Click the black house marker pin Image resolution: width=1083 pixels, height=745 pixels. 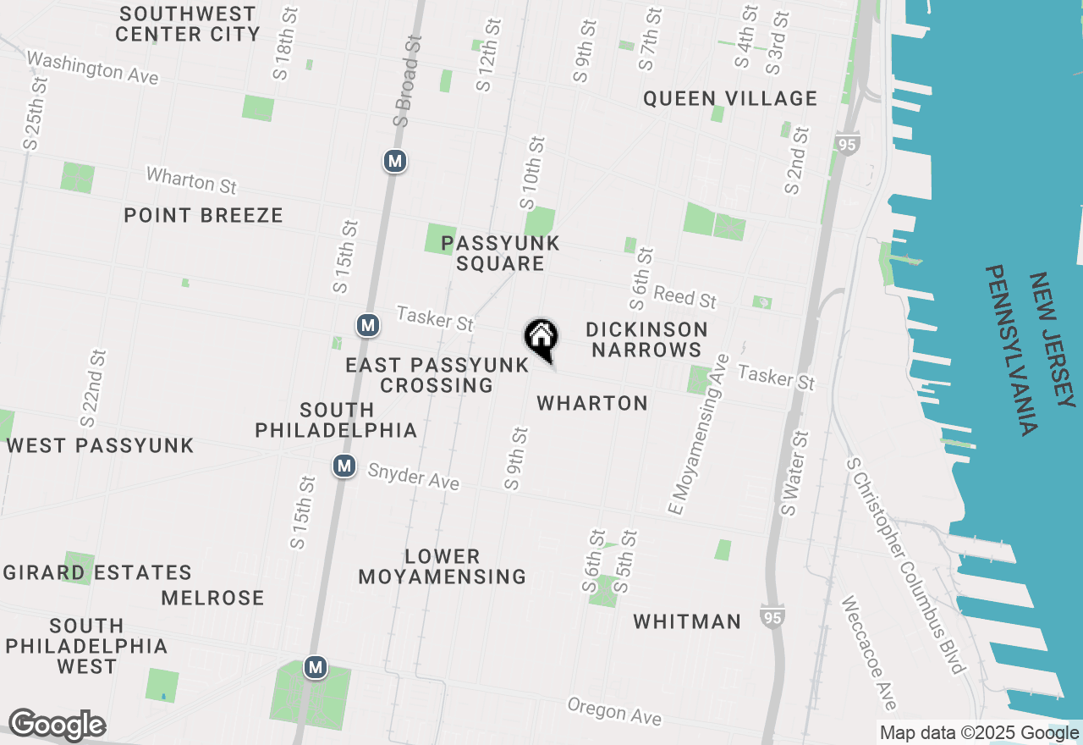click(541, 337)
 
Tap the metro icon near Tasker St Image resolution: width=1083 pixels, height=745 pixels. click(367, 325)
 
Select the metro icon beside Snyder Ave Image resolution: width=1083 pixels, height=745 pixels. click(344, 466)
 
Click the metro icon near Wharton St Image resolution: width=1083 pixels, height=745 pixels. click(394, 161)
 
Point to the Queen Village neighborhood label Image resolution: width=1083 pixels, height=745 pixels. click(730, 99)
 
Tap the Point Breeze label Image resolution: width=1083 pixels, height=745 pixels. click(203, 215)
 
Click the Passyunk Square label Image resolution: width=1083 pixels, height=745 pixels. click(500, 253)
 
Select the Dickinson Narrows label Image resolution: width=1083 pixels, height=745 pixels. click(646, 339)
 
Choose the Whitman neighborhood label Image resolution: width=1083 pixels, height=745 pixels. click(687, 621)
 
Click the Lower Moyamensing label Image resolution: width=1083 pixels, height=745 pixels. click(442, 566)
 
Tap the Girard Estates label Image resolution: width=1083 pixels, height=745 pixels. click(97, 573)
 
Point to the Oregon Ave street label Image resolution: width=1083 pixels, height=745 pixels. click(614, 711)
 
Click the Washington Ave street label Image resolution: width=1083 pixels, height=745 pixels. click(93, 67)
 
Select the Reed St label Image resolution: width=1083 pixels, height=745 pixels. click(685, 297)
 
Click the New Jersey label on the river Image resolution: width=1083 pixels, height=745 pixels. click(1051, 339)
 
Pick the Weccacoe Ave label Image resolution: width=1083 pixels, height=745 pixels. click(868, 653)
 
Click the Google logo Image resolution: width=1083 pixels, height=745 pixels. click(57, 725)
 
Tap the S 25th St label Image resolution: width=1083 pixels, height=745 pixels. click(36, 113)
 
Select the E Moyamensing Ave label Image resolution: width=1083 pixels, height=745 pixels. click(698, 434)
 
